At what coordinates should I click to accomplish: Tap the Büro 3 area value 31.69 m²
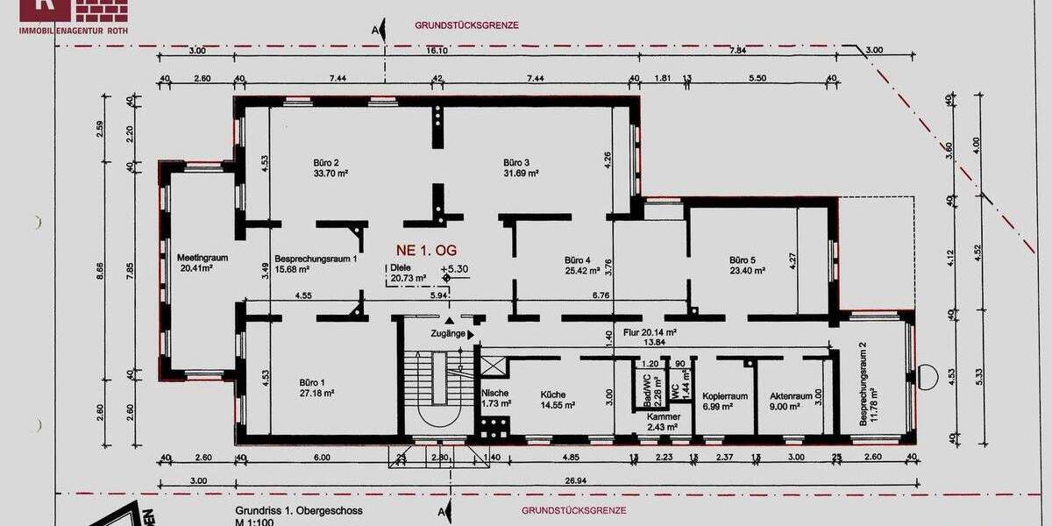point(521,174)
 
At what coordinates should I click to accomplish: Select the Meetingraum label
point(203,258)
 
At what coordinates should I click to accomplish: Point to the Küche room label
point(553,394)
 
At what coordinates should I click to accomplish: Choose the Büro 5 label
point(748,259)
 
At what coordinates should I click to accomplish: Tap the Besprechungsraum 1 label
point(316,259)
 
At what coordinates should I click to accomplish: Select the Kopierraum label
point(725,396)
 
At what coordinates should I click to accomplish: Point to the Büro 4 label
point(578,259)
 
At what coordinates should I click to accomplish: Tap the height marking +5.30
point(454,269)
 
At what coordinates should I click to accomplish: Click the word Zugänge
point(447,334)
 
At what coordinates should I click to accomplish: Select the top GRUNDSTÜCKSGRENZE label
point(466,26)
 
